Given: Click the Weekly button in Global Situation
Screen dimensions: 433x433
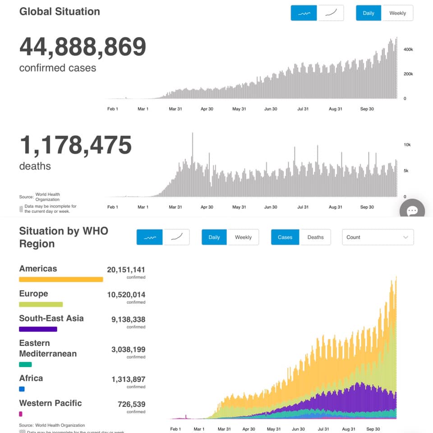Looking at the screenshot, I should pyautogui.click(x=397, y=13).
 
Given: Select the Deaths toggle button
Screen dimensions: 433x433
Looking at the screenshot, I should pyautogui.click(x=315, y=237).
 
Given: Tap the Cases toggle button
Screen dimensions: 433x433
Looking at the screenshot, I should pyautogui.click(x=285, y=237).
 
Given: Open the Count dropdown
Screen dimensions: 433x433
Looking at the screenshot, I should pyautogui.click(x=378, y=237).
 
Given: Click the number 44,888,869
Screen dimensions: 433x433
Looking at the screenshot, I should pyautogui.click(x=83, y=47).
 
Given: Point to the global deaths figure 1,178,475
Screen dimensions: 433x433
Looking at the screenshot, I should pyautogui.click(x=75, y=145).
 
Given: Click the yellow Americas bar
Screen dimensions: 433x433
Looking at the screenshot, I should pyautogui.click(x=61, y=279).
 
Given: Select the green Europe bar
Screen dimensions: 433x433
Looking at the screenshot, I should pyautogui.click(x=41, y=304).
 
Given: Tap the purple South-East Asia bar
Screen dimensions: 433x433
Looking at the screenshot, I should pyautogui.click(x=38, y=329).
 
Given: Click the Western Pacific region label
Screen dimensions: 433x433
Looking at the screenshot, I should pyautogui.click(x=51, y=403).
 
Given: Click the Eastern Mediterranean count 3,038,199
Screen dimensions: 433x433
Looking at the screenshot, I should pyautogui.click(x=128, y=350).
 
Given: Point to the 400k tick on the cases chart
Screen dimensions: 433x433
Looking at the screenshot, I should pyautogui.click(x=408, y=49).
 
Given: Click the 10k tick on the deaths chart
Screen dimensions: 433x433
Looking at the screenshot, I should pyautogui.click(x=407, y=145).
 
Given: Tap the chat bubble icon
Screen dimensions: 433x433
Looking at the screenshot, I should pyautogui.click(x=412, y=211).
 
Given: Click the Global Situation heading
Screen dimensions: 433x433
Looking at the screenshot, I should pyautogui.click(x=60, y=12).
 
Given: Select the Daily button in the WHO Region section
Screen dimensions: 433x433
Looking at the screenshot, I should pyautogui.click(x=214, y=237).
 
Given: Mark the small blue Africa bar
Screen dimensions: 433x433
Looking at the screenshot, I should pyautogui.click(x=22, y=389).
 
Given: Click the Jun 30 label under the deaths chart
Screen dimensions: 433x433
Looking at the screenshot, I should pyautogui.click(x=271, y=207).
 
